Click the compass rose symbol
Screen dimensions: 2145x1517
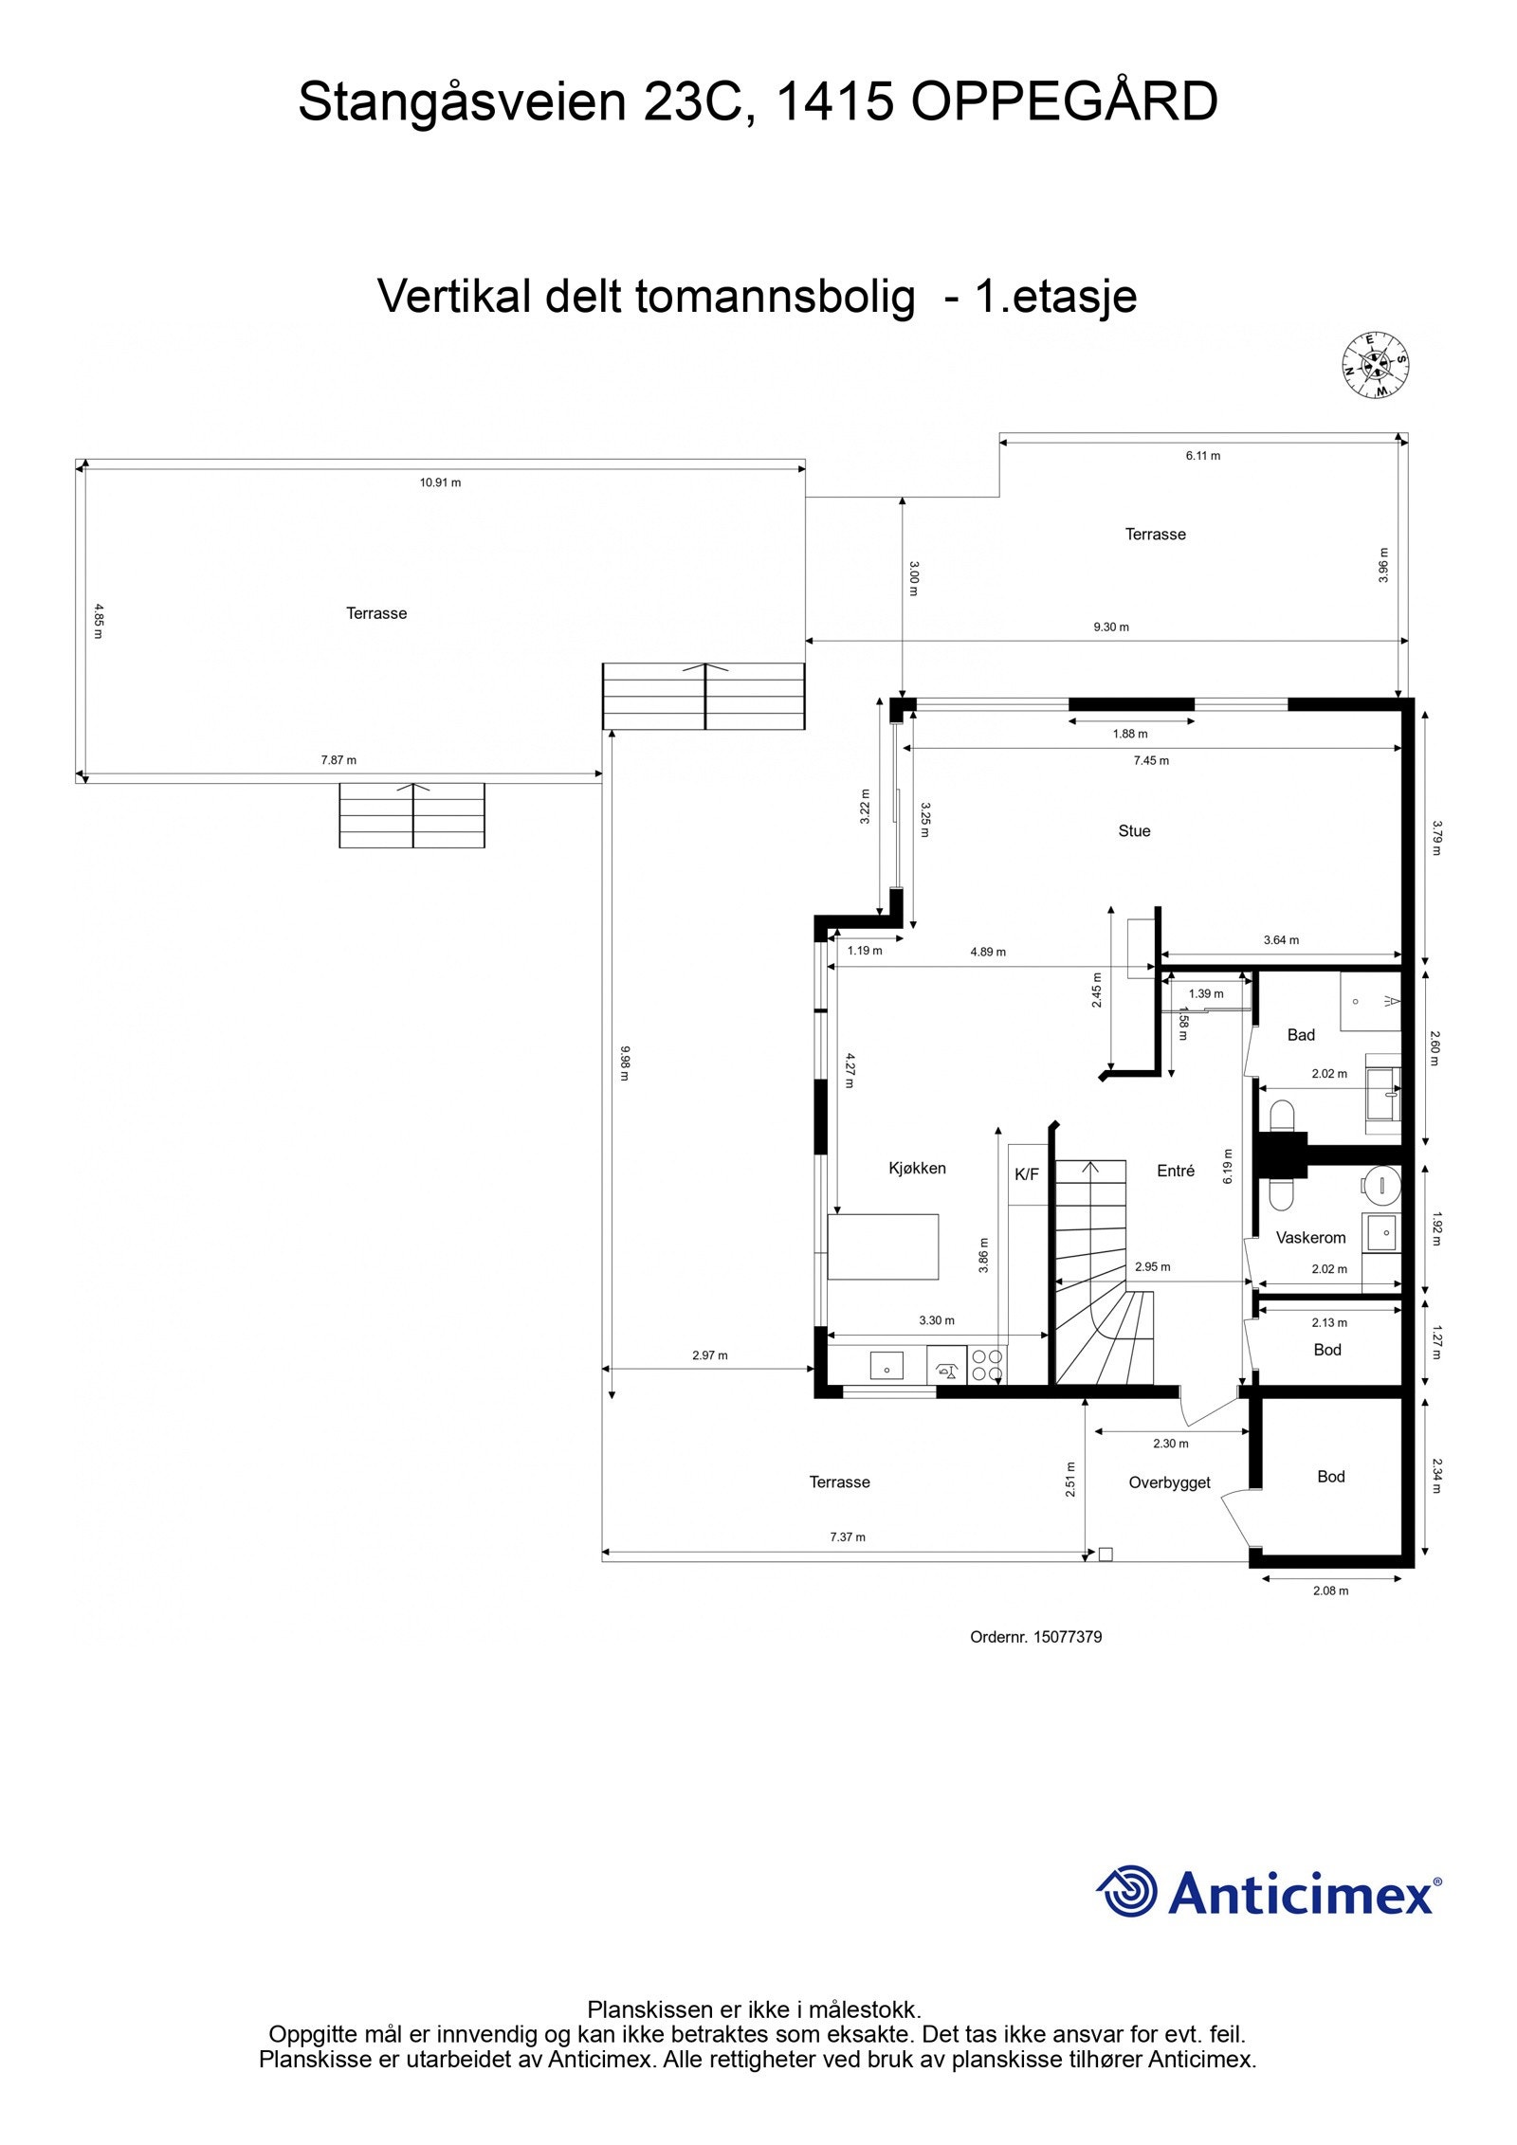pos(1375,366)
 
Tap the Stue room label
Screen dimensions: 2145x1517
pos(1134,831)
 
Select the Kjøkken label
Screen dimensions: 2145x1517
pos(917,1168)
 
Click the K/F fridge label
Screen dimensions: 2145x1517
pos(1027,1174)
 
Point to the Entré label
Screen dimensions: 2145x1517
pos(1176,1171)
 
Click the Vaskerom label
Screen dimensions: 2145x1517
pos(1310,1237)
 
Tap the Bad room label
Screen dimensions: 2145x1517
pos(1301,1035)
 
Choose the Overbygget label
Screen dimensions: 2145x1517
pos(1169,1482)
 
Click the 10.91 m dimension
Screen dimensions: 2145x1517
pos(440,482)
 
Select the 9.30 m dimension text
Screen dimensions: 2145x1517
pos(1111,627)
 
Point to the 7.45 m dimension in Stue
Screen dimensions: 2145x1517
pos(1151,760)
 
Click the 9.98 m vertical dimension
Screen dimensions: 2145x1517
pos(624,1063)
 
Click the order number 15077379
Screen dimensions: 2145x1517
pos(1067,1637)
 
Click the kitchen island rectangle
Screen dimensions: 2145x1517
pos(883,1245)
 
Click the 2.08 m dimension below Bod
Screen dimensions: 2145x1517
pos(1330,1591)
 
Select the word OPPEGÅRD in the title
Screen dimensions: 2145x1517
pos(1064,102)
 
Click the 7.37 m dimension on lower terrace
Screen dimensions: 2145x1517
pos(848,1536)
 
